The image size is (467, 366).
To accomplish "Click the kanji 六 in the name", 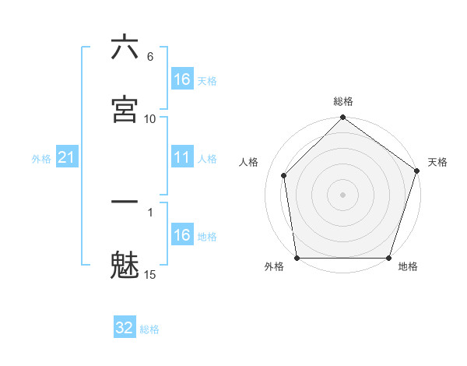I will [x=125, y=48].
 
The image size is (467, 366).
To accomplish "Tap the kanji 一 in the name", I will [x=125, y=202].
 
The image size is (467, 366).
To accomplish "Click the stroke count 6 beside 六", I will [x=150, y=57].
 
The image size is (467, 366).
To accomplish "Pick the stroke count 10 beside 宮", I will [x=150, y=118].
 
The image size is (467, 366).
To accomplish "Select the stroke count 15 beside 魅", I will [x=150, y=274].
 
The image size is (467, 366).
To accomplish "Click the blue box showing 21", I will [x=67, y=158].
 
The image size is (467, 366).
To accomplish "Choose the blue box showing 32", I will [x=125, y=328].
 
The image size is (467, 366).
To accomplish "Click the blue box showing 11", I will [x=182, y=158].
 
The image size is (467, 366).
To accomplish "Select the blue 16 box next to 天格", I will [x=182, y=79].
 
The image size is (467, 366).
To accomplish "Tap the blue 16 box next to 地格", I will [x=182, y=235].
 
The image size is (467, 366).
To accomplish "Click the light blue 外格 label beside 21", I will [x=41, y=159].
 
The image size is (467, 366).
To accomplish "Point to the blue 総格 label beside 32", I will [x=149, y=329].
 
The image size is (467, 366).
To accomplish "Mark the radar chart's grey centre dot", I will [x=342, y=194].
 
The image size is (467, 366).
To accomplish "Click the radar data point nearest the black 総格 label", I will [x=342, y=119].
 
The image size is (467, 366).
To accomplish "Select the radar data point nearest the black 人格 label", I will [x=284, y=175].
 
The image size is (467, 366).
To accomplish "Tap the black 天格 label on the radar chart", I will [x=437, y=162].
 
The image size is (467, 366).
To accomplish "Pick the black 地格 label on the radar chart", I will [x=408, y=266].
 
